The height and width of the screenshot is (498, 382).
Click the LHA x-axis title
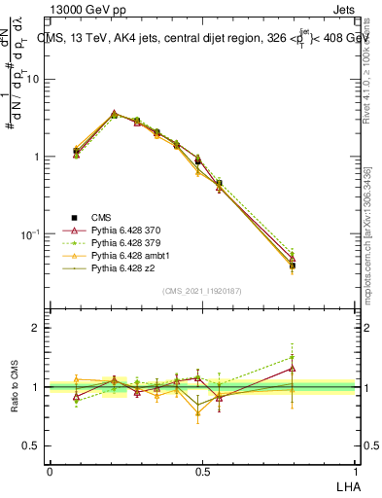[x=347, y=484]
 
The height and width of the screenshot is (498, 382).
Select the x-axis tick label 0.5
[x=202, y=471]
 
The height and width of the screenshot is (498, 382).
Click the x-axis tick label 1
[x=356, y=471]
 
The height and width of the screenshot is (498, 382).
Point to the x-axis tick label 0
[x=50, y=471]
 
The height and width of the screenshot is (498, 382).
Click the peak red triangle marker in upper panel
[x=115, y=114]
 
